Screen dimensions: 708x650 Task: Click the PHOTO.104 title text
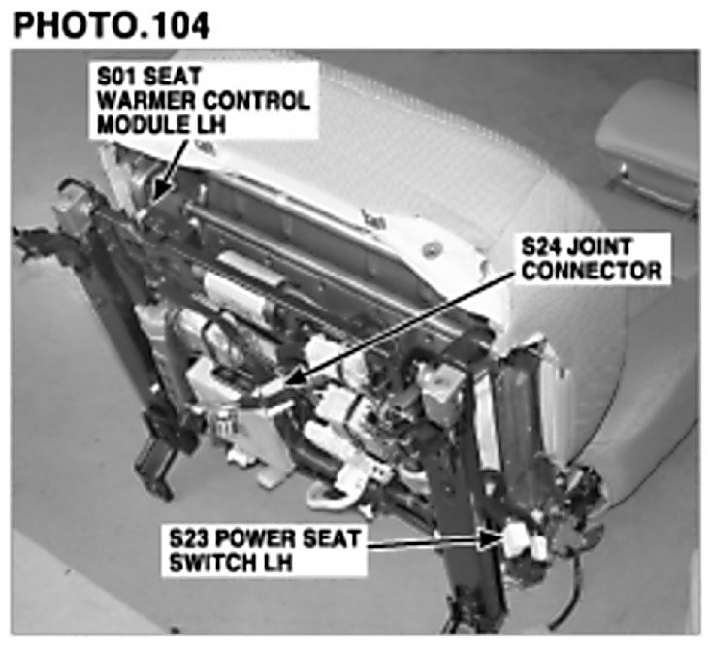click(112, 25)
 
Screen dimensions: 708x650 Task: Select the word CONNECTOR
click(592, 271)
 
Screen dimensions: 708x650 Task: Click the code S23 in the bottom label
click(187, 538)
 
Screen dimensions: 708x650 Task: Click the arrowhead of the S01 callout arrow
click(159, 192)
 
